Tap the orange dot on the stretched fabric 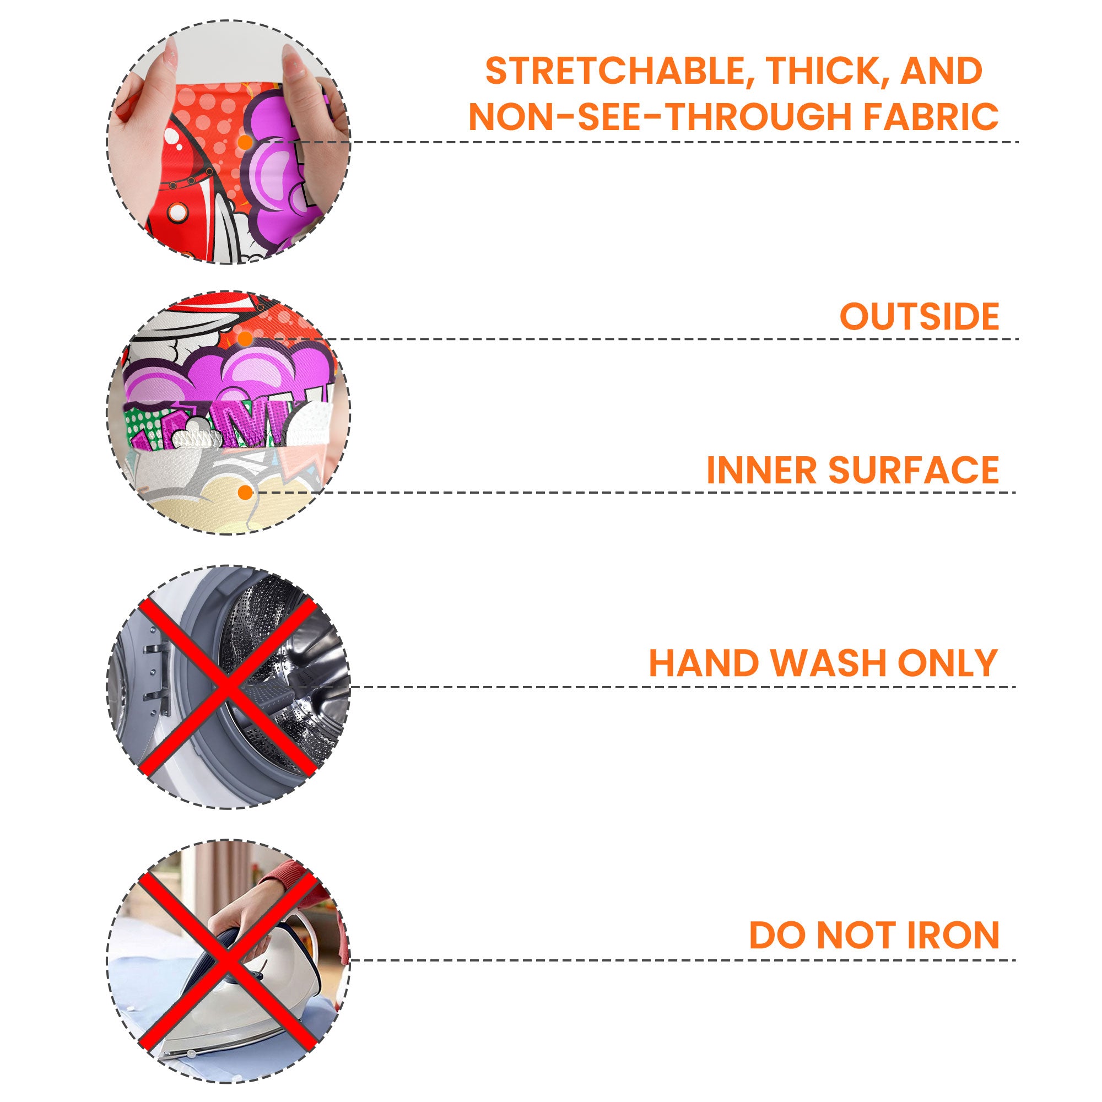point(245,142)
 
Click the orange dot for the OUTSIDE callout point(245,339)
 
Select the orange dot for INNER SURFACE point(245,493)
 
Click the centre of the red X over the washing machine point(228,687)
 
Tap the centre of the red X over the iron point(228,959)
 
